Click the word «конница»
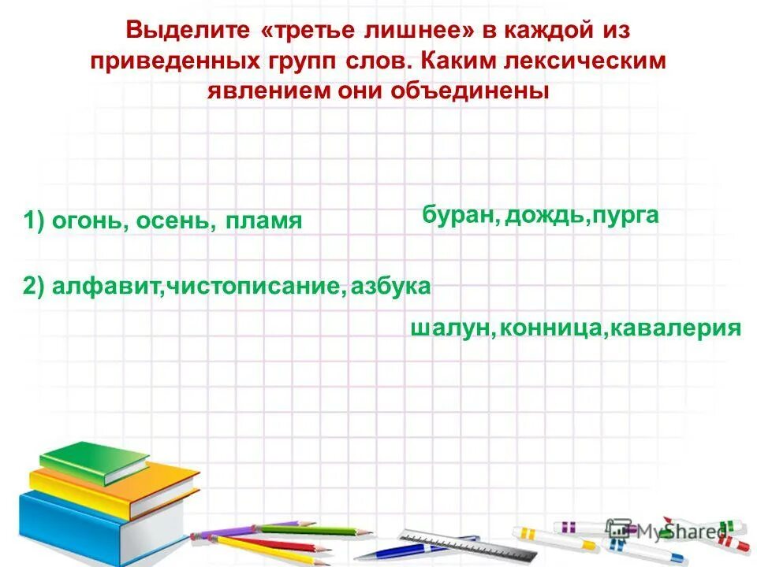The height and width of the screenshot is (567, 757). click(550, 328)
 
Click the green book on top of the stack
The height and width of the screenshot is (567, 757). click(95, 461)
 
